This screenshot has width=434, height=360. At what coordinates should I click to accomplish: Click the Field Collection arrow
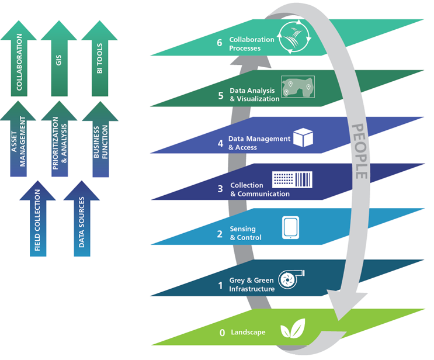tap(39, 222)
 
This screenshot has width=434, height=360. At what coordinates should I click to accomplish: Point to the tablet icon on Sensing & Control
tap(291, 228)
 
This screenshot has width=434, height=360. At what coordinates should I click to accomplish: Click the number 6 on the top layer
tap(220, 43)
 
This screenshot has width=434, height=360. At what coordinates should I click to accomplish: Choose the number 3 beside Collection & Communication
tap(220, 189)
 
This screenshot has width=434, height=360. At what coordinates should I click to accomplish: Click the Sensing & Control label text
tap(245, 234)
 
